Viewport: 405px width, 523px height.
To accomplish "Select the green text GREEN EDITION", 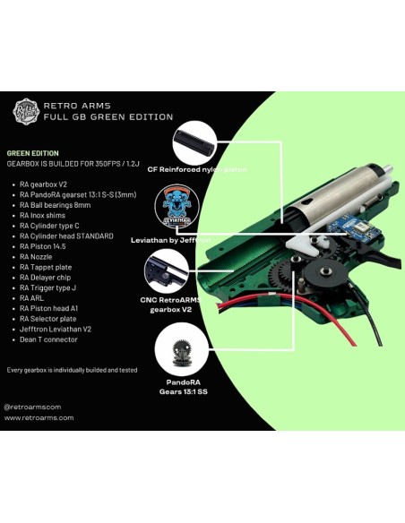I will (33, 153).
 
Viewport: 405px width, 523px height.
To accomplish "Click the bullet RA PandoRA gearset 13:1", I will (76, 194).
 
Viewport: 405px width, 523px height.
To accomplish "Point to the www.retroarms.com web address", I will (39, 417).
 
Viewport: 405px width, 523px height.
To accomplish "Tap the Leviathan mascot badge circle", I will (176, 209).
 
